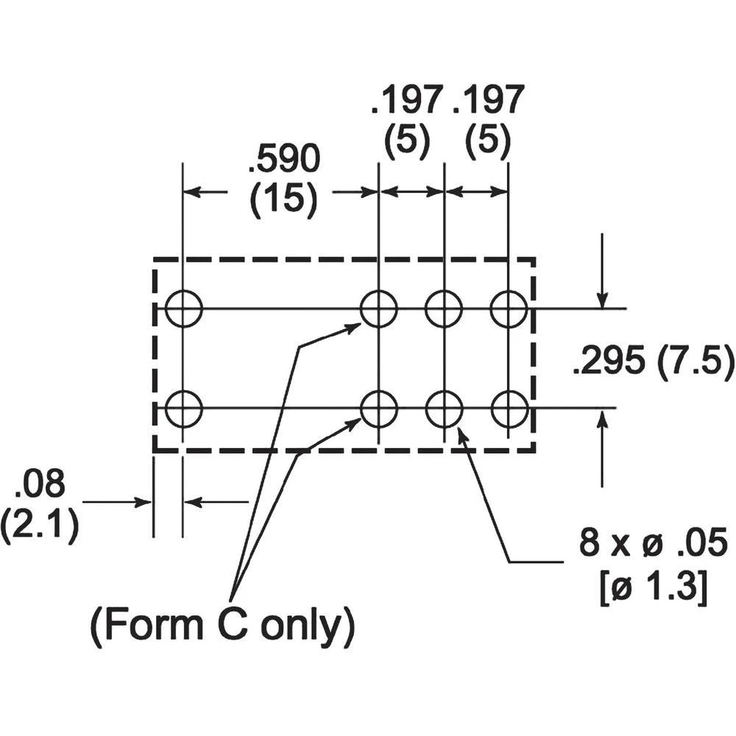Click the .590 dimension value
[284, 159]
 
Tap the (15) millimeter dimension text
[284, 199]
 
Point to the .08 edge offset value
[40, 486]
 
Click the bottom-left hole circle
[183, 408]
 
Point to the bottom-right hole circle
[509, 408]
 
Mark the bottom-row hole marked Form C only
[378, 408]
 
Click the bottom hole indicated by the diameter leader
[444, 408]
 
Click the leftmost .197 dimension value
[406, 100]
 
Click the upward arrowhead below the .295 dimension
[603, 420]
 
